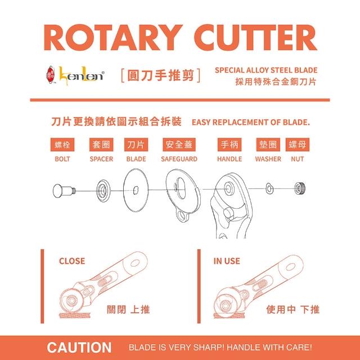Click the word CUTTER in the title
click(x=255, y=38)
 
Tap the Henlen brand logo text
click(x=82, y=75)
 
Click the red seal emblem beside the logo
click(x=51, y=74)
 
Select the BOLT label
click(x=62, y=159)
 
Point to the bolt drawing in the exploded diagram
click(x=64, y=190)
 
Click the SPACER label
click(x=101, y=159)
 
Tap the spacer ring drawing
click(x=103, y=191)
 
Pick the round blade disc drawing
click(x=136, y=190)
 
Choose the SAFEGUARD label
click(x=179, y=159)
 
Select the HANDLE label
click(x=229, y=159)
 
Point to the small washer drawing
click(x=269, y=188)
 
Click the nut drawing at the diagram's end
click(x=300, y=188)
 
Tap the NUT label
click(x=298, y=159)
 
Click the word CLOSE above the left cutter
click(x=72, y=261)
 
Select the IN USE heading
click(x=227, y=261)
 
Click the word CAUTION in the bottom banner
click(x=79, y=348)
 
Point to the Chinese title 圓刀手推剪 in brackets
click(x=160, y=75)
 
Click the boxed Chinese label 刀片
click(x=136, y=145)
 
